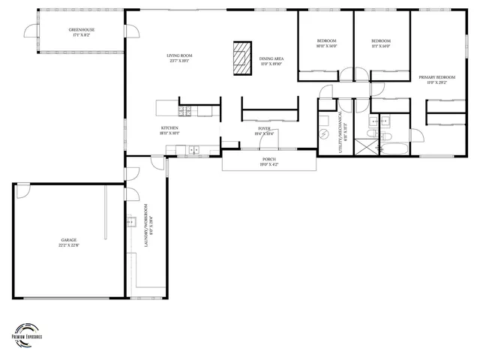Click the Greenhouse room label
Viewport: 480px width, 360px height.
click(83, 30)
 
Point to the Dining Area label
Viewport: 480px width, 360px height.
click(271, 58)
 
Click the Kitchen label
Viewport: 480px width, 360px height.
click(169, 128)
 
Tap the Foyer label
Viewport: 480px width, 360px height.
click(265, 128)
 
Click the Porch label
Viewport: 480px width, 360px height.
click(268, 159)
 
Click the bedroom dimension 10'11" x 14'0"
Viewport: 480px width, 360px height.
click(326, 46)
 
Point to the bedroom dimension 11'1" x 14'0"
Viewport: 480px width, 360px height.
click(381, 46)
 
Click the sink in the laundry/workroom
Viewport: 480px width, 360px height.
click(130, 221)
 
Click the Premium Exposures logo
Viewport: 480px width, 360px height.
click(27, 332)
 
